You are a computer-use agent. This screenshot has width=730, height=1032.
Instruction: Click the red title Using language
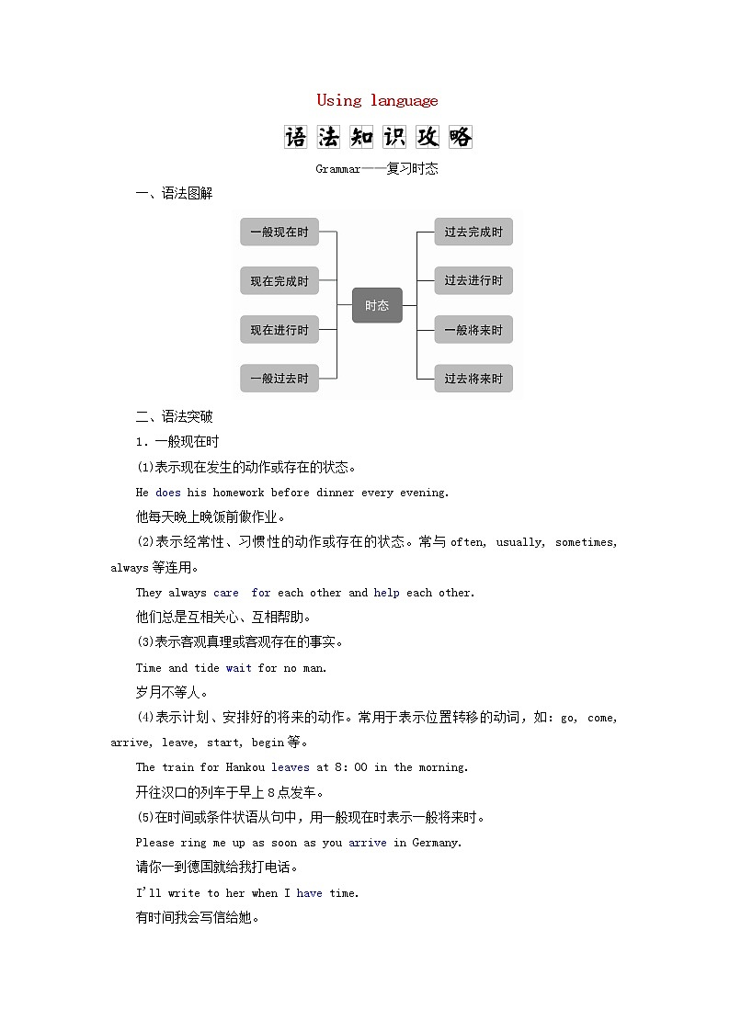[x=377, y=100]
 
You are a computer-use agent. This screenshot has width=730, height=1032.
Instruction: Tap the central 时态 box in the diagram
[x=377, y=305]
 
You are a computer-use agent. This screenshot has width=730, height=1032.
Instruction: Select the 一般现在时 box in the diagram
[x=279, y=232]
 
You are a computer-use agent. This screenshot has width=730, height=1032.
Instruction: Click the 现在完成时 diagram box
[x=279, y=281]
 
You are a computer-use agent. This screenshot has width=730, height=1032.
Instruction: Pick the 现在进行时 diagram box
[x=279, y=330]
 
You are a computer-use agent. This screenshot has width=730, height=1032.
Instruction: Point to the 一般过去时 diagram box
[x=279, y=379]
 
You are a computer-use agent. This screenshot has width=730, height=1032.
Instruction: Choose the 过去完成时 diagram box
[x=473, y=232]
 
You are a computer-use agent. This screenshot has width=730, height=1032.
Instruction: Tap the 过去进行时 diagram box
[x=473, y=281]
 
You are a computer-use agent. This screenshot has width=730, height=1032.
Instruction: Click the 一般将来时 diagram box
[x=473, y=330]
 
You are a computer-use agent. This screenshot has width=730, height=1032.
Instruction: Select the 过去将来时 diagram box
[x=473, y=379]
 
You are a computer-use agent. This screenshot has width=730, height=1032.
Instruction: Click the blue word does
[x=168, y=493]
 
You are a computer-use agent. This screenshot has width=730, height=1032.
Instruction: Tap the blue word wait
[x=238, y=668]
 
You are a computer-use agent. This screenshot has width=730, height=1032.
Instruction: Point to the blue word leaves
[x=291, y=767]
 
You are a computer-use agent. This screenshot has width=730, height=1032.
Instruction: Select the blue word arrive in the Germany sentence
[x=368, y=843]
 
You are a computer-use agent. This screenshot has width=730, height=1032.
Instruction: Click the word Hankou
[x=245, y=767]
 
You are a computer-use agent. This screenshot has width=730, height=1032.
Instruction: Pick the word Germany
[x=435, y=843]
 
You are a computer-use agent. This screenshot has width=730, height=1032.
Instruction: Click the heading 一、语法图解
[x=174, y=193]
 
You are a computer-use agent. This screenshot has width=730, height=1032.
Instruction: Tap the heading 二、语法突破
[x=174, y=416]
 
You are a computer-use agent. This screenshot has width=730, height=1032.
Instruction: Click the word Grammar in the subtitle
[x=338, y=169]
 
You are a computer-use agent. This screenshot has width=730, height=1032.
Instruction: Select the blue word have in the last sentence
[x=309, y=893]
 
